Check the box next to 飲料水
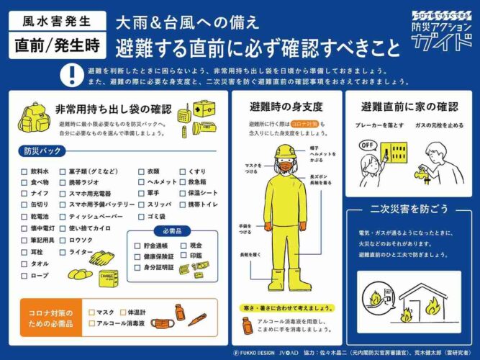[x=24, y=172]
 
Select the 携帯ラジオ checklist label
[x=85, y=183]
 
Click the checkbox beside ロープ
[x=24, y=275]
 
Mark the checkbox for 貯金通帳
[x=137, y=246]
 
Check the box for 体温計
[x=123, y=312]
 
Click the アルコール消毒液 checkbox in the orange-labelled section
[x=91, y=323]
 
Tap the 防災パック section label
[x=37, y=152]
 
